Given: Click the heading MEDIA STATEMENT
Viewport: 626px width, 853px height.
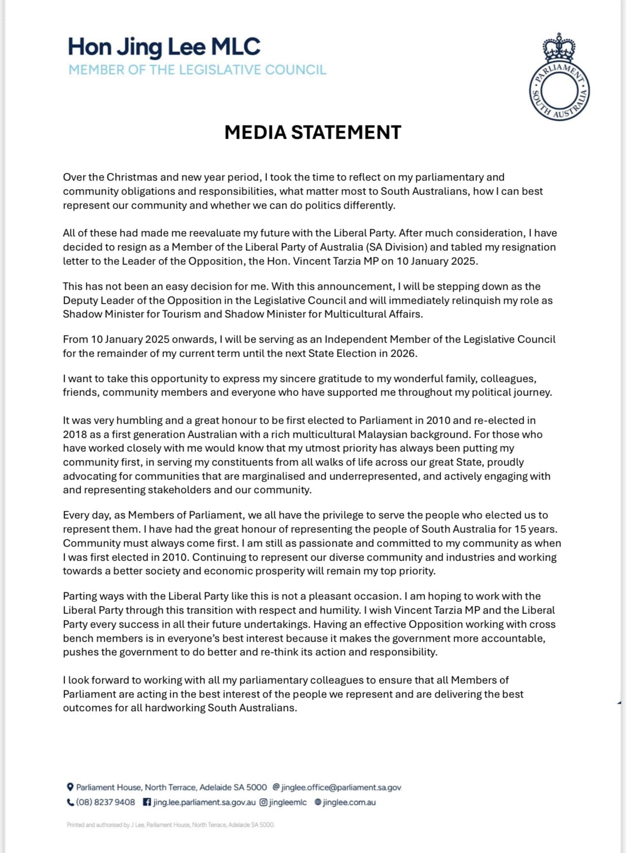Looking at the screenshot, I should (x=313, y=132).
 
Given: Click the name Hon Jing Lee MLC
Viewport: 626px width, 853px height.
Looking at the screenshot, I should (x=164, y=47).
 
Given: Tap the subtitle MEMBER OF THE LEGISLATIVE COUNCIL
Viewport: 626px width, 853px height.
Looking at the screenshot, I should (x=197, y=70).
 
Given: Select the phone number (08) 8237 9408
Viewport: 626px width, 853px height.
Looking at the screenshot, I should (x=105, y=802).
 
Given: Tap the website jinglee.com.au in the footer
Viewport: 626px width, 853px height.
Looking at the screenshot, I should (x=349, y=802).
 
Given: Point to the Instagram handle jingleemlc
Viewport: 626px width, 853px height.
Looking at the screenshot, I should (x=288, y=802).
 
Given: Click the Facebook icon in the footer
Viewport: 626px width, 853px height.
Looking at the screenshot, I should (x=147, y=802).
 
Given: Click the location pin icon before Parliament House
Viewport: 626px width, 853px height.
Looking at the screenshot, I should (x=70, y=787).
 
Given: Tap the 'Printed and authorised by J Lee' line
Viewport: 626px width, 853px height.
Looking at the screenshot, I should (x=170, y=824).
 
